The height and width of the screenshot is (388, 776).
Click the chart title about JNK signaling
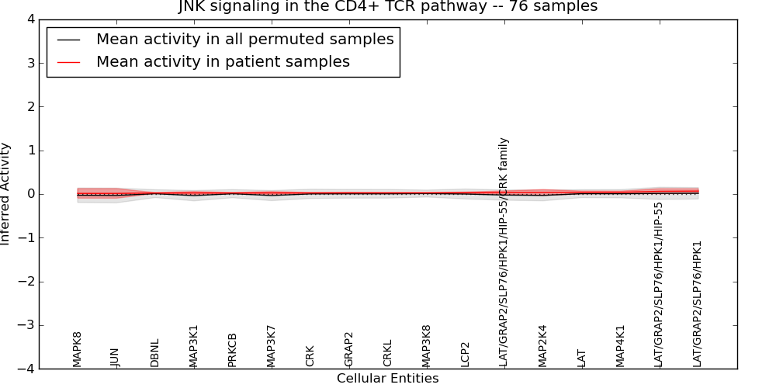388,6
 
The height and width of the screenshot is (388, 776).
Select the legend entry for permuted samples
244,39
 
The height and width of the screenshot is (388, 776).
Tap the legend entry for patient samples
223,61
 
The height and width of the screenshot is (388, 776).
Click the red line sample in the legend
68,61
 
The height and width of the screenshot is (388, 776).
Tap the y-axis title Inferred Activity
6,194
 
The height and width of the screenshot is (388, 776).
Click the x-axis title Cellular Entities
387,379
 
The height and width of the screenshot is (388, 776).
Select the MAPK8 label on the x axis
77,349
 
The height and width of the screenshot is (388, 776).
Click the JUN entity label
116,357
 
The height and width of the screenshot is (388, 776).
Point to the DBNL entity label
154,352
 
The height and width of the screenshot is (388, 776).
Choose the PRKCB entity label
232,350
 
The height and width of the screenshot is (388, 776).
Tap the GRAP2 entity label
348,349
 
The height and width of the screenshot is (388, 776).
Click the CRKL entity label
387,352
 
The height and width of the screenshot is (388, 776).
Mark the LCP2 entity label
465,354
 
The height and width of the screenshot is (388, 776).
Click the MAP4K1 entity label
620,346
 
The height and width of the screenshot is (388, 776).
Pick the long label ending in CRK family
504,252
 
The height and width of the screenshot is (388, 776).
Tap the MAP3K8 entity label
426,346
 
